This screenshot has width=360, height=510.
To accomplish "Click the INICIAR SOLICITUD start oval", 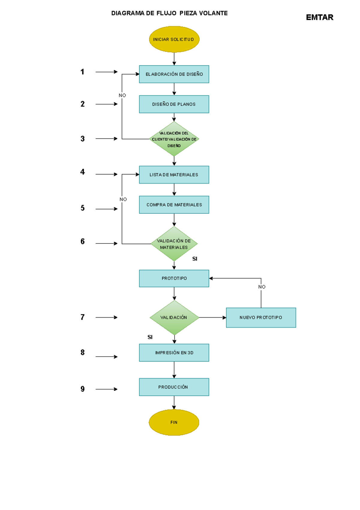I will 174,39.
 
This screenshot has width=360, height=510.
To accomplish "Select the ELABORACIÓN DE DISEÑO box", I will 174,74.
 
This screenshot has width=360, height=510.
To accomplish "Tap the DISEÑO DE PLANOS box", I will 174,104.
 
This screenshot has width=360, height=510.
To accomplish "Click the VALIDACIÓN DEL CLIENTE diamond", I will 174,139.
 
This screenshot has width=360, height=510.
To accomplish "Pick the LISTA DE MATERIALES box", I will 174,175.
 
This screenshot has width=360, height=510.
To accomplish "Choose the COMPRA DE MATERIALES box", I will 174,205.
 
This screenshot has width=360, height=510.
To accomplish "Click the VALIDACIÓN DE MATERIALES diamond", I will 174,244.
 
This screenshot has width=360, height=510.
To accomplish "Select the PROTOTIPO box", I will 174,278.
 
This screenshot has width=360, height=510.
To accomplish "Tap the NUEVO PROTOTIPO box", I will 261,318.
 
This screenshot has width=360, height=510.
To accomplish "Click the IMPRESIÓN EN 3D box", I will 174,353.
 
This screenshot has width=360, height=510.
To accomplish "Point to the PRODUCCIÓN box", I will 174,387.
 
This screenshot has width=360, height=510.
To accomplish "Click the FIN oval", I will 174,422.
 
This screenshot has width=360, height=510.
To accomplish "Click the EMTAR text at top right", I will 319,17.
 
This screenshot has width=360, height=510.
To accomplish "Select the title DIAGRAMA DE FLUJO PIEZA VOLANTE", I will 169,13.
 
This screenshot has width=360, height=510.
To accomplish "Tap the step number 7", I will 82,317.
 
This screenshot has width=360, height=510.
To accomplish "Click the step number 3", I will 82,139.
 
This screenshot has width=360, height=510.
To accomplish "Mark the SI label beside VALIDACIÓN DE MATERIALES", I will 195,259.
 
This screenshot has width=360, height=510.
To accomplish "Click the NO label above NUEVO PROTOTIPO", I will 262,287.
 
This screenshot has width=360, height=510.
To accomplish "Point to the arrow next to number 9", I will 106,389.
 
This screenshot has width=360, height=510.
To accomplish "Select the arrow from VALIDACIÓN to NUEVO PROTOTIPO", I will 212,318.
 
